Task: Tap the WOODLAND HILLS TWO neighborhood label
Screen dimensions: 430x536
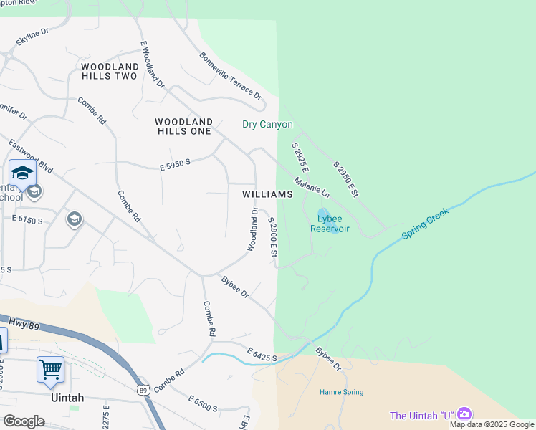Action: click(x=110, y=71)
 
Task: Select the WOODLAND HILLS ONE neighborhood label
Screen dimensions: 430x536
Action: click(x=183, y=126)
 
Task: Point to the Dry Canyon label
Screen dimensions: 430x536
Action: click(x=267, y=125)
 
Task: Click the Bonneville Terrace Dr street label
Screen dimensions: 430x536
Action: click(x=231, y=75)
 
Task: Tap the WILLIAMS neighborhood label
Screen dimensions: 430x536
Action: click(x=267, y=194)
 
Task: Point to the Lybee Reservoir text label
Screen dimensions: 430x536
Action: click(x=330, y=224)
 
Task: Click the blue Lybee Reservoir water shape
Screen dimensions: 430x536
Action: click(x=322, y=214)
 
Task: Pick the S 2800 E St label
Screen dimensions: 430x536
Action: click(x=272, y=238)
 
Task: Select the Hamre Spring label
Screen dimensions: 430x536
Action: click(x=341, y=392)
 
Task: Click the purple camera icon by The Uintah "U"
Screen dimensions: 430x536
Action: click(x=464, y=414)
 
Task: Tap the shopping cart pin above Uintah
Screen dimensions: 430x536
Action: click(x=50, y=371)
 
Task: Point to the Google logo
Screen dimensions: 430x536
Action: click(x=24, y=421)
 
